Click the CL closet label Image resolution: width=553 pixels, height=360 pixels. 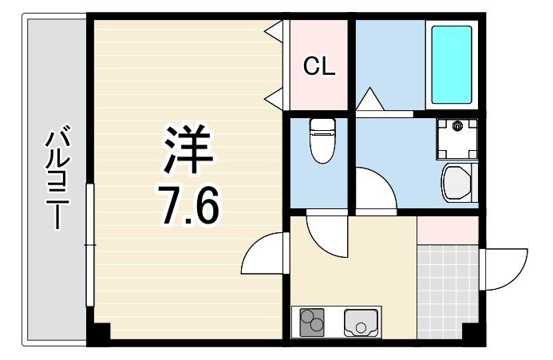pyautogui.click(x=318, y=66)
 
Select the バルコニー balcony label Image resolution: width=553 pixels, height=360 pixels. pyautogui.click(x=55, y=180)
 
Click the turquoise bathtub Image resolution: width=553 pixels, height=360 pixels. pyautogui.click(x=452, y=65)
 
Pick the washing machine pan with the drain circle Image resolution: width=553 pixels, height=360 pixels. pyautogui.click(x=457, y=135)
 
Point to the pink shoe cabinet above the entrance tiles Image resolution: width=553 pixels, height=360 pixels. pyautogui.click(x=447, y=229)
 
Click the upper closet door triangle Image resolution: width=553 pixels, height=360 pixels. pyautogui.click(x=274, y=34)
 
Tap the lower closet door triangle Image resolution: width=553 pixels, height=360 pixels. pyautogui.click(x=274, y=99)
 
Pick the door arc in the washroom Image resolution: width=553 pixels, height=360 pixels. pyautogui.click(x=373, y=188)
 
